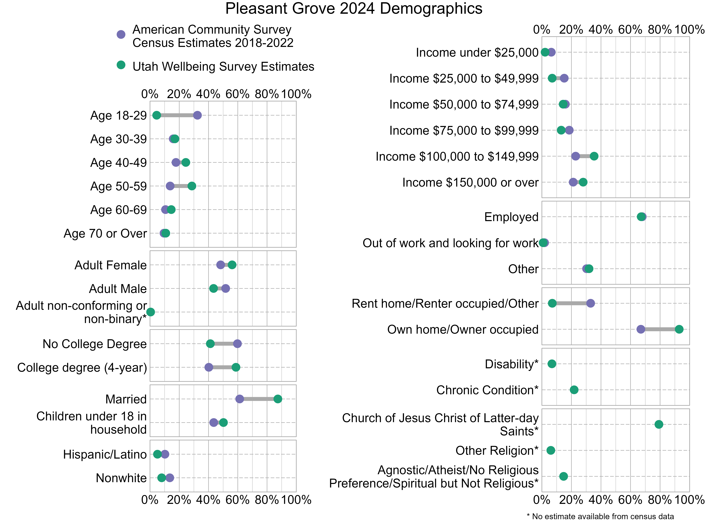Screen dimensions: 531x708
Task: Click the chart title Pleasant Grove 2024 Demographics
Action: pos(354,9)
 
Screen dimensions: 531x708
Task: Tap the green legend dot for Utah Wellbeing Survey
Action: pos(121,65)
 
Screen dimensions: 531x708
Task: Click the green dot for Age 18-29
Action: pos(156,115)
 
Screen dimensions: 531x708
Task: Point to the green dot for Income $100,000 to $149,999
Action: pos(594,156)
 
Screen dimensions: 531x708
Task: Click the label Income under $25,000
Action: pos(477,53)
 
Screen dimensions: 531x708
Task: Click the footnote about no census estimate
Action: pos(600,516)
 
